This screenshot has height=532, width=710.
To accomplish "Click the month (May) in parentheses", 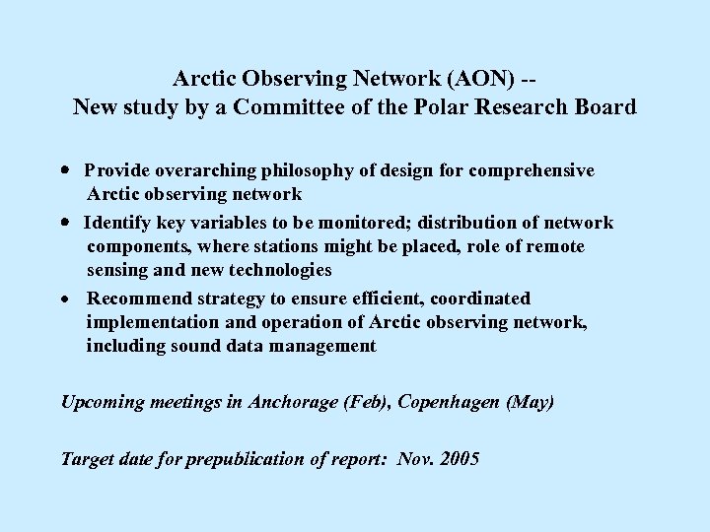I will (531, 402).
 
